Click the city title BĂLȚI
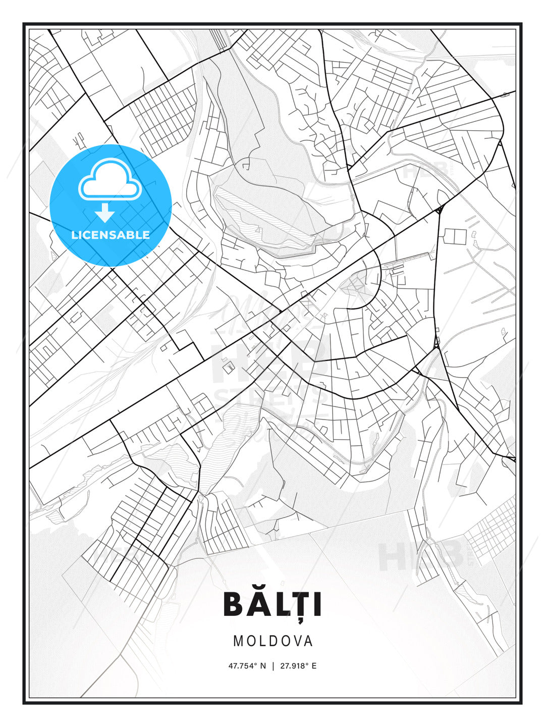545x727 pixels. (x=272, y=604)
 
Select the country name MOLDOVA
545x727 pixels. (x=272, y=641)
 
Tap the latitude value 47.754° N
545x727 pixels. (x=247, y=666)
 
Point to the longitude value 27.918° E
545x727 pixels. (x=298, y=666)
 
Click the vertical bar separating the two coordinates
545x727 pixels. (x=273, y=666)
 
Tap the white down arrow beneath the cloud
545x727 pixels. (x=105, y=213)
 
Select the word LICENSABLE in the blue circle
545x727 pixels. (x=111, y=235)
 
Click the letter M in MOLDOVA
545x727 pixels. (x=238, y=641)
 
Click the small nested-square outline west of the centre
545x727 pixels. (x=229, y=367)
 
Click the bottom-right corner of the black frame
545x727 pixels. (x=521, y=703)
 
